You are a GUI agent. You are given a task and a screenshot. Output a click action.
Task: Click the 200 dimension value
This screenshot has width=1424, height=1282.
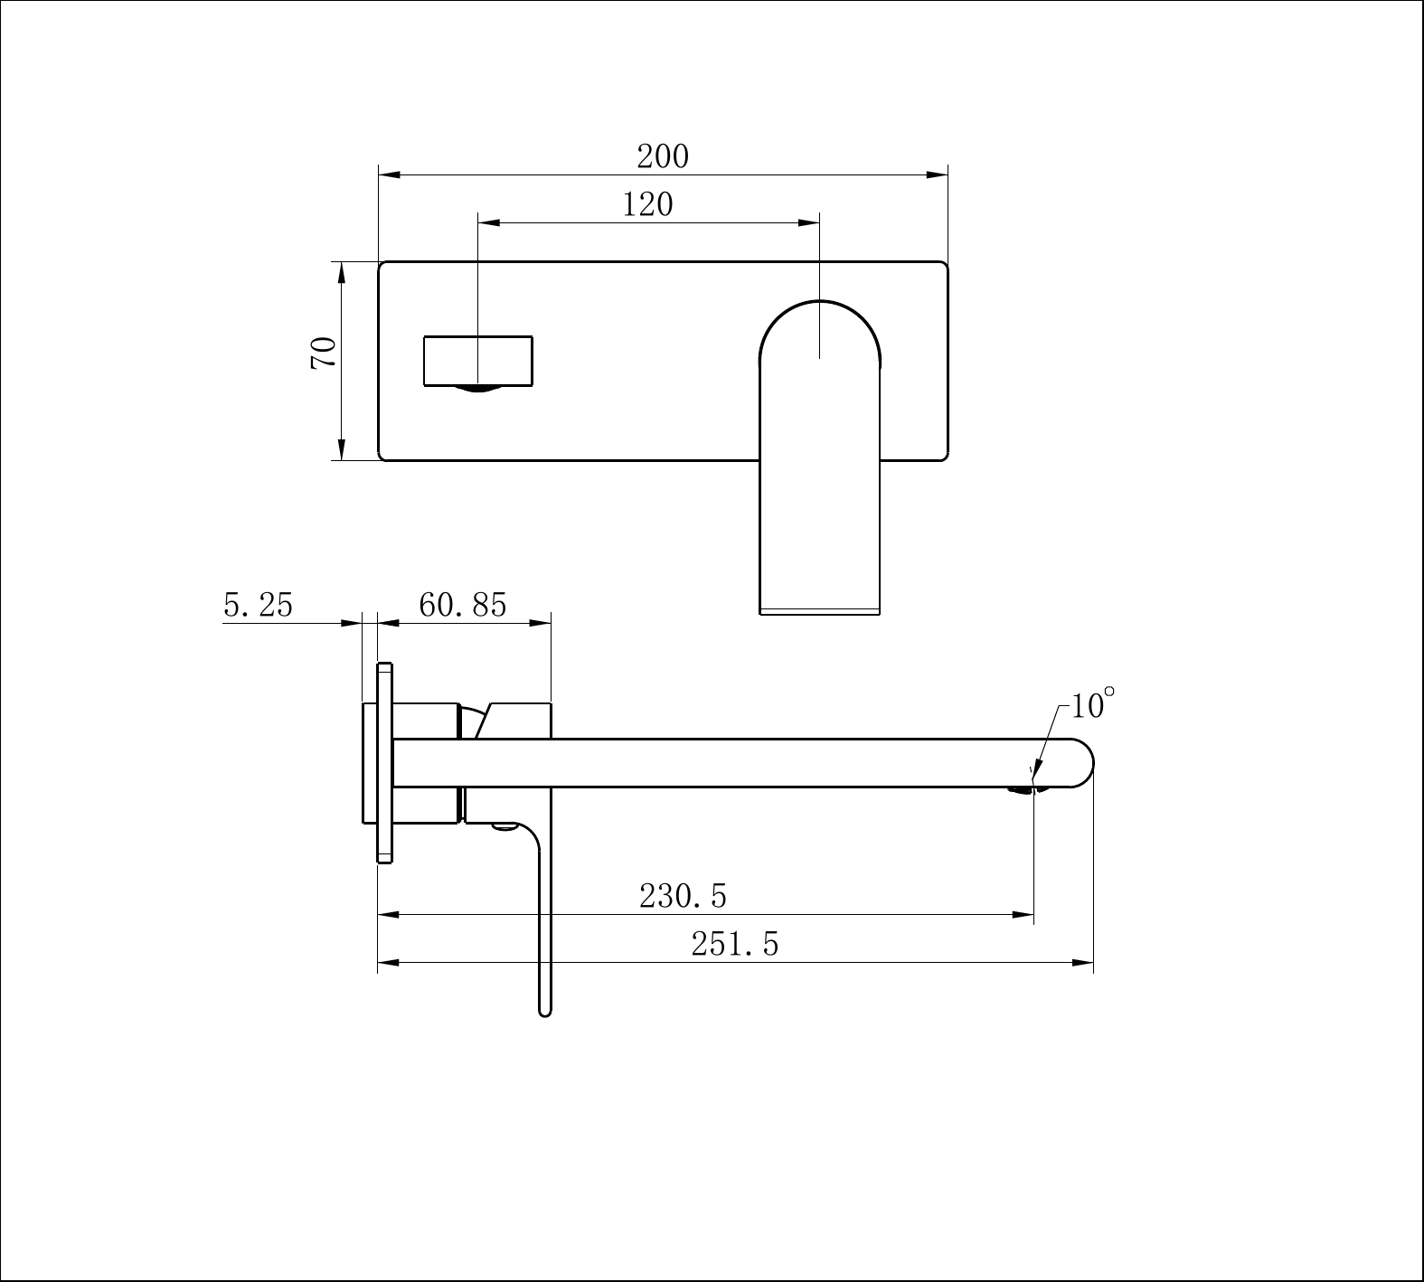[x=663, y=157]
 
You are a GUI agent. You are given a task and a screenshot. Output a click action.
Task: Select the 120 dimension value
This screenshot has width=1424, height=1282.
[x=647, y=205]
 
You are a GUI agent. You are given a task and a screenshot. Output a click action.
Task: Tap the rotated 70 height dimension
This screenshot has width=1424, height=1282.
[x=324, y=352]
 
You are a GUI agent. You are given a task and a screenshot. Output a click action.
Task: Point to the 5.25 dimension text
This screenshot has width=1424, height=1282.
[x=259, y=605]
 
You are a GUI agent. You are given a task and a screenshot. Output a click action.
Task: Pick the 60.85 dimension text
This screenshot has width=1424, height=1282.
[x=463, y=605]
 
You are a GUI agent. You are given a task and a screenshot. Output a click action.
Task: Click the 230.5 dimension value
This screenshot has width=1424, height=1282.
[x=683, y=897]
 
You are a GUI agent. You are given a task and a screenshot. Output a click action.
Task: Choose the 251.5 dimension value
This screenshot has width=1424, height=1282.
[x=734, y=944]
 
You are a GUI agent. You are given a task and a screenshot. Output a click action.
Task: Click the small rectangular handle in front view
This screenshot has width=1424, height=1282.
[x=478, y=361]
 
